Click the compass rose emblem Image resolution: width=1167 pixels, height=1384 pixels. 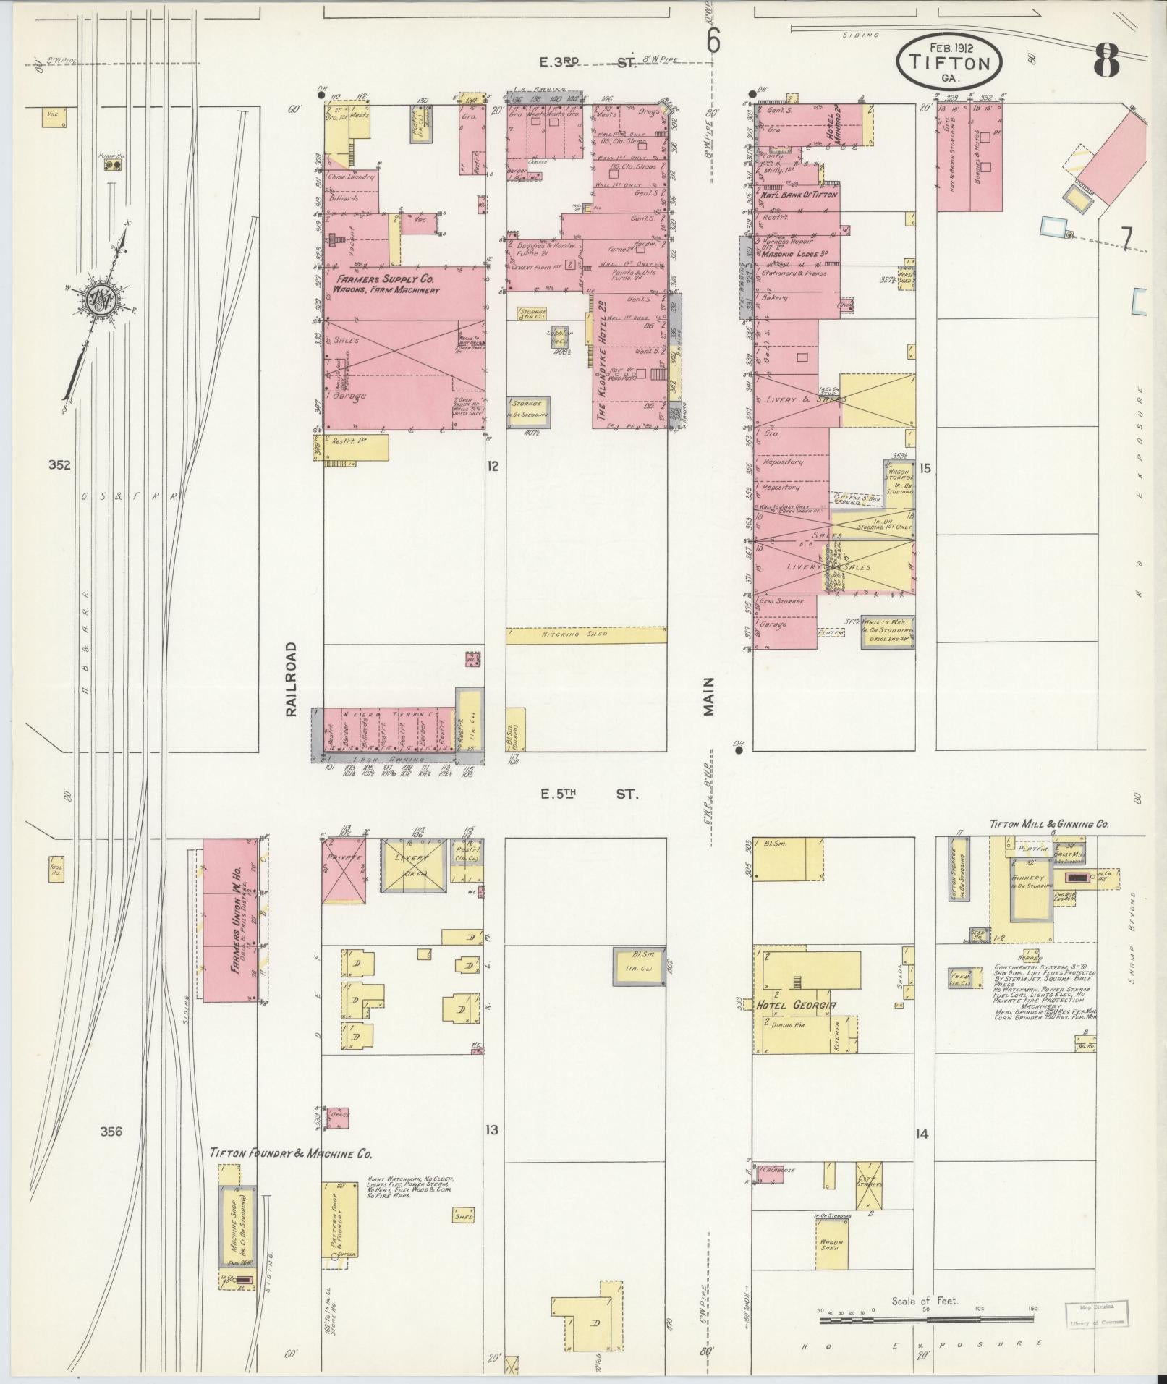tap(99, 297)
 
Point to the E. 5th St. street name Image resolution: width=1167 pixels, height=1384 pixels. tap(590, 794)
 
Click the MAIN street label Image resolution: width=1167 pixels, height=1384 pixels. tap(708, 696)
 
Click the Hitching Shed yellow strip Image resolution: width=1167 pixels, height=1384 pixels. tap(585, 634)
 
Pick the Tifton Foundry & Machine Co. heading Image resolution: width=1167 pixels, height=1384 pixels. tap(291, 1152)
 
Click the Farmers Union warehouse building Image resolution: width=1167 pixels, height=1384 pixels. tap(230, 920)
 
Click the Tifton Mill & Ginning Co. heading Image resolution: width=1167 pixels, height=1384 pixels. tap(1048, 824)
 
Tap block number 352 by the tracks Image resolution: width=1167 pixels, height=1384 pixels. tap(59, 465)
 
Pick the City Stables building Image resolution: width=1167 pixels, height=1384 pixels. tap(869, 1186)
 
